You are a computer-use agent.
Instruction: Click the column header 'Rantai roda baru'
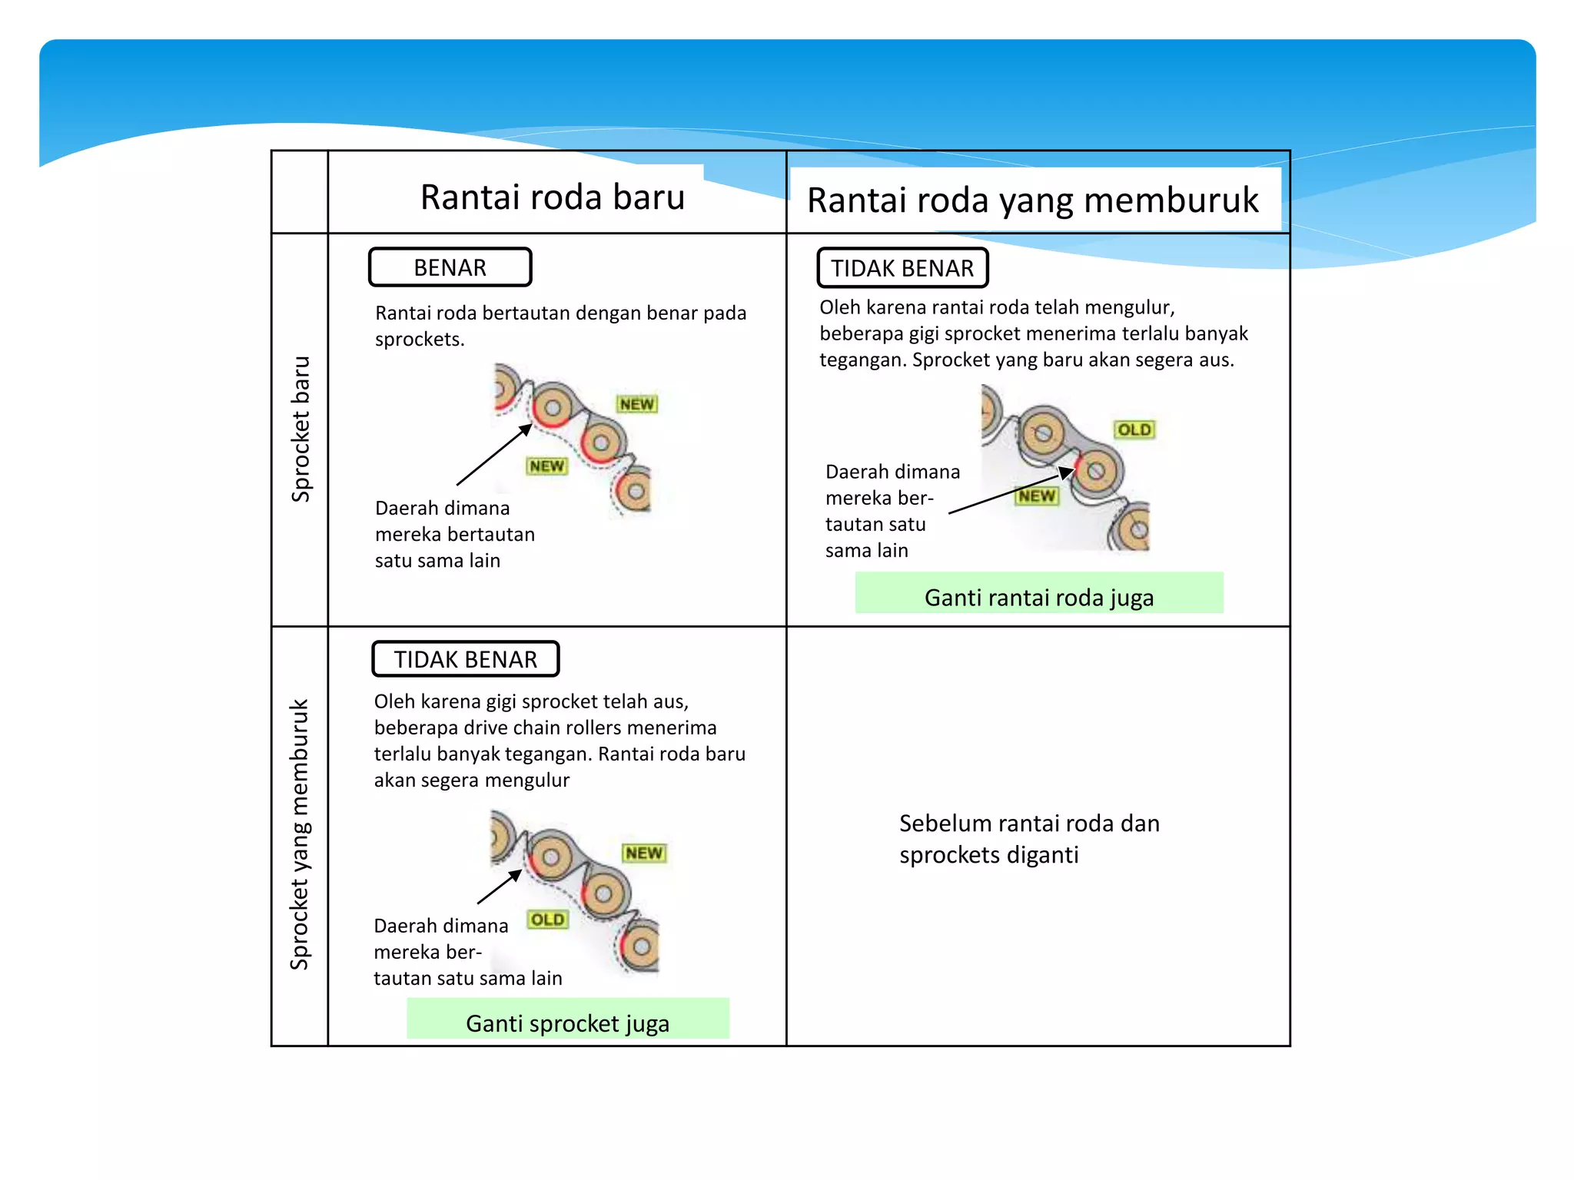click(552, 197)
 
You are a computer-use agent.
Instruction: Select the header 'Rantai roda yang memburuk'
click(1032, 201)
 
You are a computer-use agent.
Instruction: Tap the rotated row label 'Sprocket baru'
click(301, 429)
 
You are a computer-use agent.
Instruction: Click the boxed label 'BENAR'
click(450, 267)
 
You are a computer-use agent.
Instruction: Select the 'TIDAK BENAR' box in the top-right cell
click(902, 268)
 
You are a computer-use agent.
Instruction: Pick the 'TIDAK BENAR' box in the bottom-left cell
click(465, 659)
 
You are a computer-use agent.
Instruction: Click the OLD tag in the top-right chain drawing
click(1134, 429)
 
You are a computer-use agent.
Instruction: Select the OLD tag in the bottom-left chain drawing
click(547, 920)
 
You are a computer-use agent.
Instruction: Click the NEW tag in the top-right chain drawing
click(1037, 496)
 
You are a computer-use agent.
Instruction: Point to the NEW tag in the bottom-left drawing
click(644, 853)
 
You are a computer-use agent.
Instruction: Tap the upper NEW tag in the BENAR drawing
click(637, 404)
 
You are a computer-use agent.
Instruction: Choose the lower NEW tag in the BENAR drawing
click(546, 466)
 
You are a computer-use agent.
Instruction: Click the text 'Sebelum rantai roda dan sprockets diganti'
click(1028, 839)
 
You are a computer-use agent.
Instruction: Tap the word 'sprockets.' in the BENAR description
click(420, 340)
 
